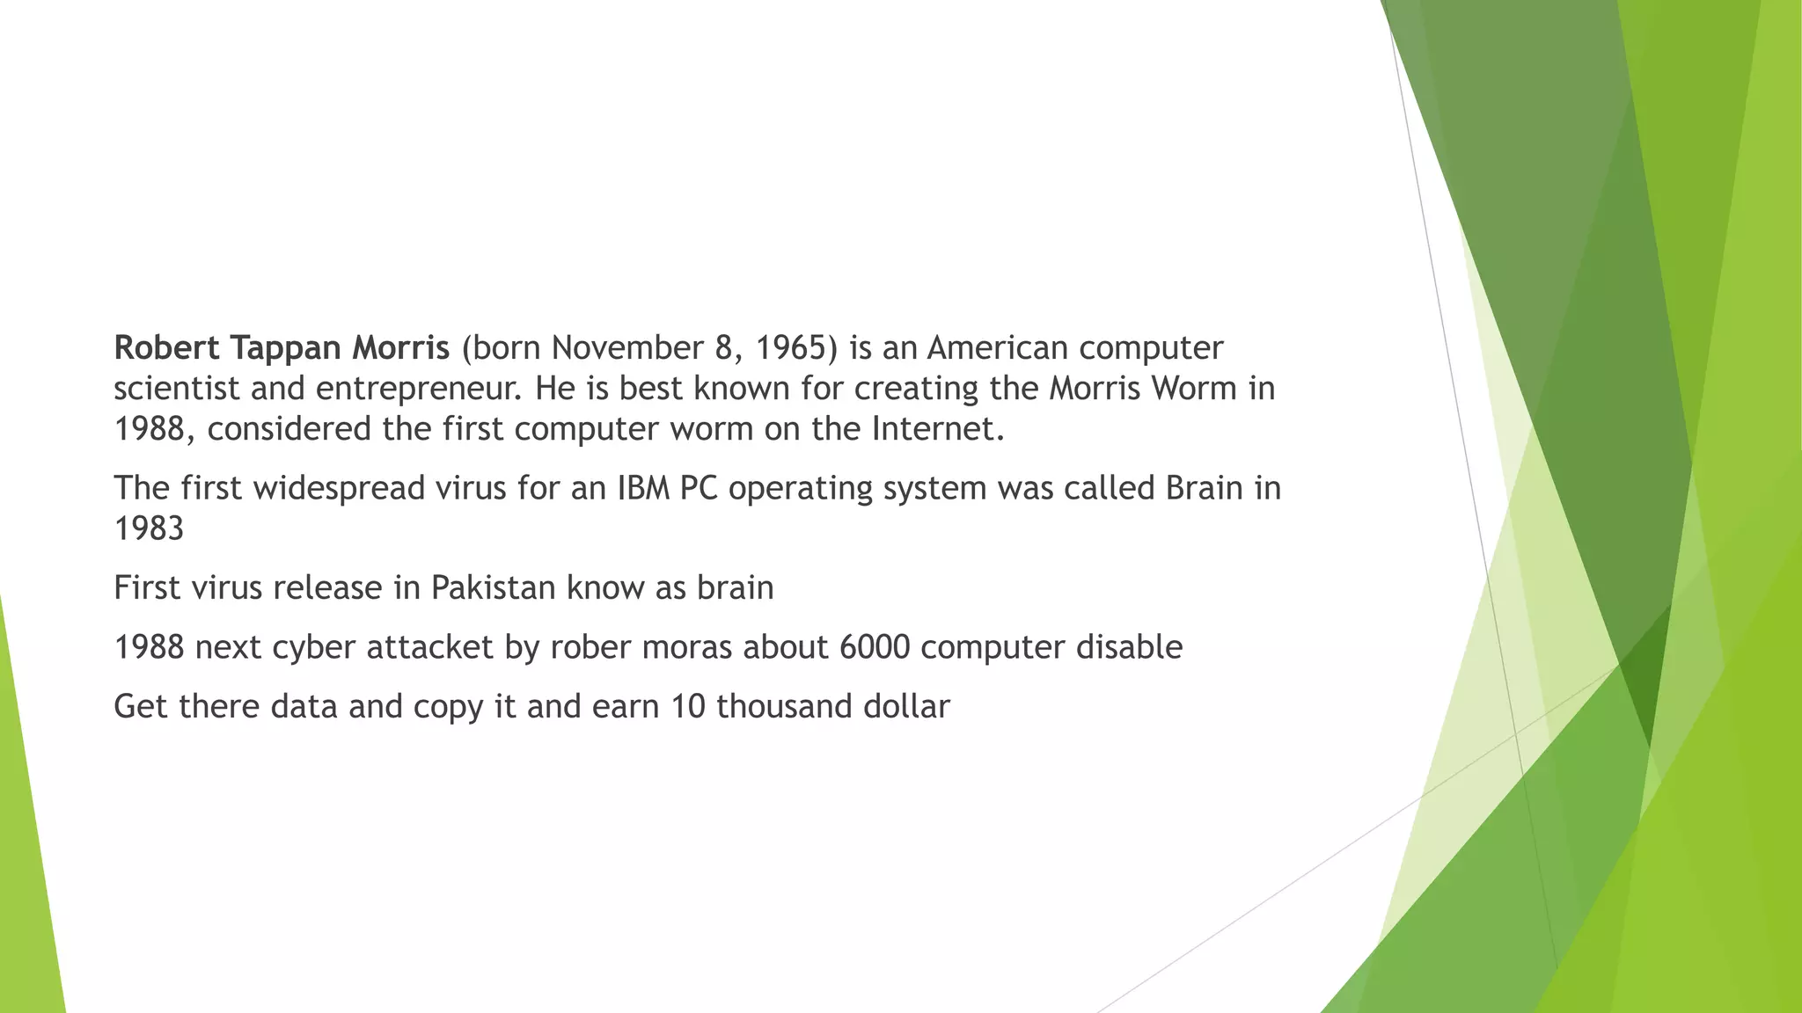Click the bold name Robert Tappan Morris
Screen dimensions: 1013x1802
coord(282,348)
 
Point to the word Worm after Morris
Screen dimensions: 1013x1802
coord(1193,389)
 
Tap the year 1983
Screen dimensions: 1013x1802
coord(149,528)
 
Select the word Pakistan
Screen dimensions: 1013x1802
coord(494,587)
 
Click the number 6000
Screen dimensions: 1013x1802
coord(875,647)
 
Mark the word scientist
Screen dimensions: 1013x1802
coord(176,389)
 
